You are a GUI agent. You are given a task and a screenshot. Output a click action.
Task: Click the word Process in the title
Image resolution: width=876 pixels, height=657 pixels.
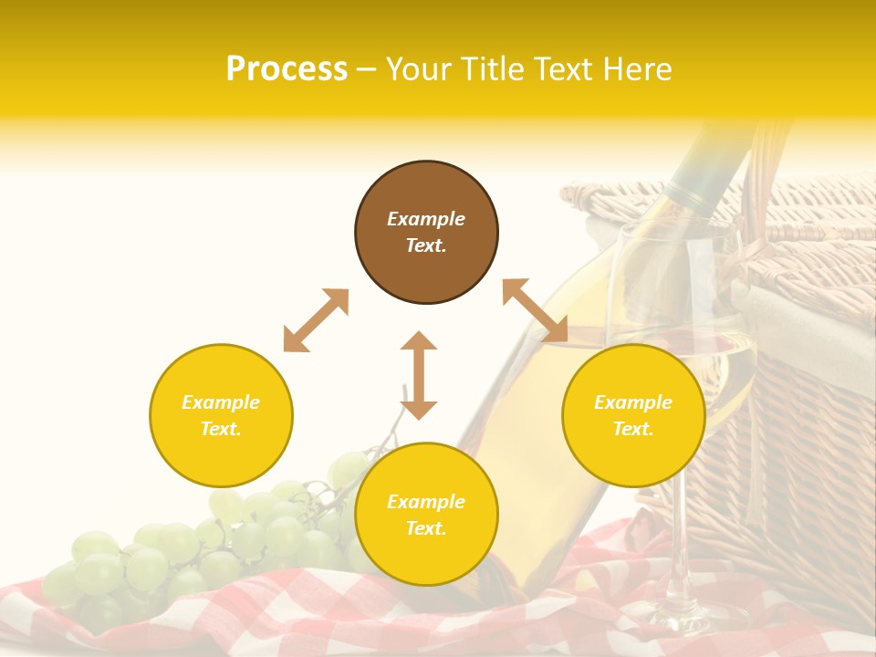coord(287,69)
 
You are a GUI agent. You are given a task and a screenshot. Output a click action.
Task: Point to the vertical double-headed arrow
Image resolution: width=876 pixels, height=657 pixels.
coord(419,375)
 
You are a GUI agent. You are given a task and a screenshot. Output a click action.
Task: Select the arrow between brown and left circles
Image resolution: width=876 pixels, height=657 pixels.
coord(316,320)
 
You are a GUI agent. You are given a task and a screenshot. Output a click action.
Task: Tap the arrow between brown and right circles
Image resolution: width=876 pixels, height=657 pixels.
coord(535,310)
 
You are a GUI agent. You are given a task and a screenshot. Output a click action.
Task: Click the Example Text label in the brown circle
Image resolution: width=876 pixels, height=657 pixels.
coord(426,232)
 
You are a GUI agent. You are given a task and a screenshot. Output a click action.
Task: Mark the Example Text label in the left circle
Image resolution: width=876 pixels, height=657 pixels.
coord(221,415)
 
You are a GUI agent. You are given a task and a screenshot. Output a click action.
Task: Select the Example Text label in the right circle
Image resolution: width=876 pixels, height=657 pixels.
coord(633,415)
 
